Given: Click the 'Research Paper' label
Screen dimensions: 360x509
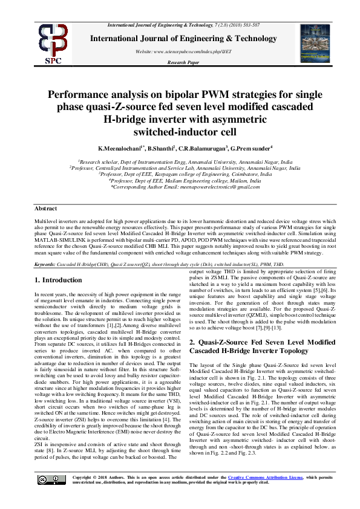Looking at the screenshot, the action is coord(183,62).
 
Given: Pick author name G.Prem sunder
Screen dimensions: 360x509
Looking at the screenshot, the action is coord(250,148).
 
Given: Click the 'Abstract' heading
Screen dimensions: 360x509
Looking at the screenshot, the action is coord(46,208).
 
